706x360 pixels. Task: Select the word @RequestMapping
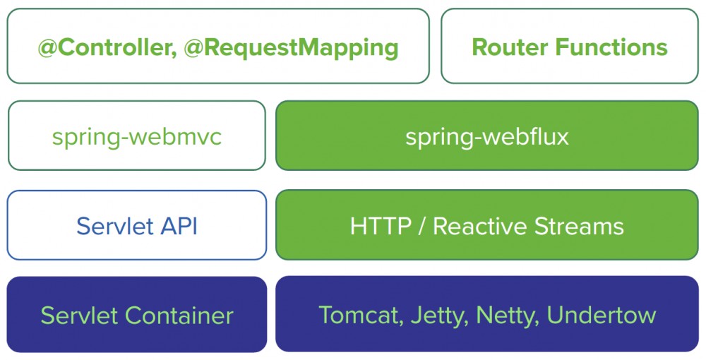click(x=291, y=47)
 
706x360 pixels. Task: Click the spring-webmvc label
click(x=136, y=136)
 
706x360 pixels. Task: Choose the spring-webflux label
click(x=486, y=136)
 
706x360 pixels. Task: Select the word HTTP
click(x=381, y=226)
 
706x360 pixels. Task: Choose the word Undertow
click(x=602, y=315)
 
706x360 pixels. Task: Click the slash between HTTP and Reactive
click(x=421, y=226)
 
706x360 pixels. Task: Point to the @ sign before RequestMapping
click(x=195, y=47)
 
